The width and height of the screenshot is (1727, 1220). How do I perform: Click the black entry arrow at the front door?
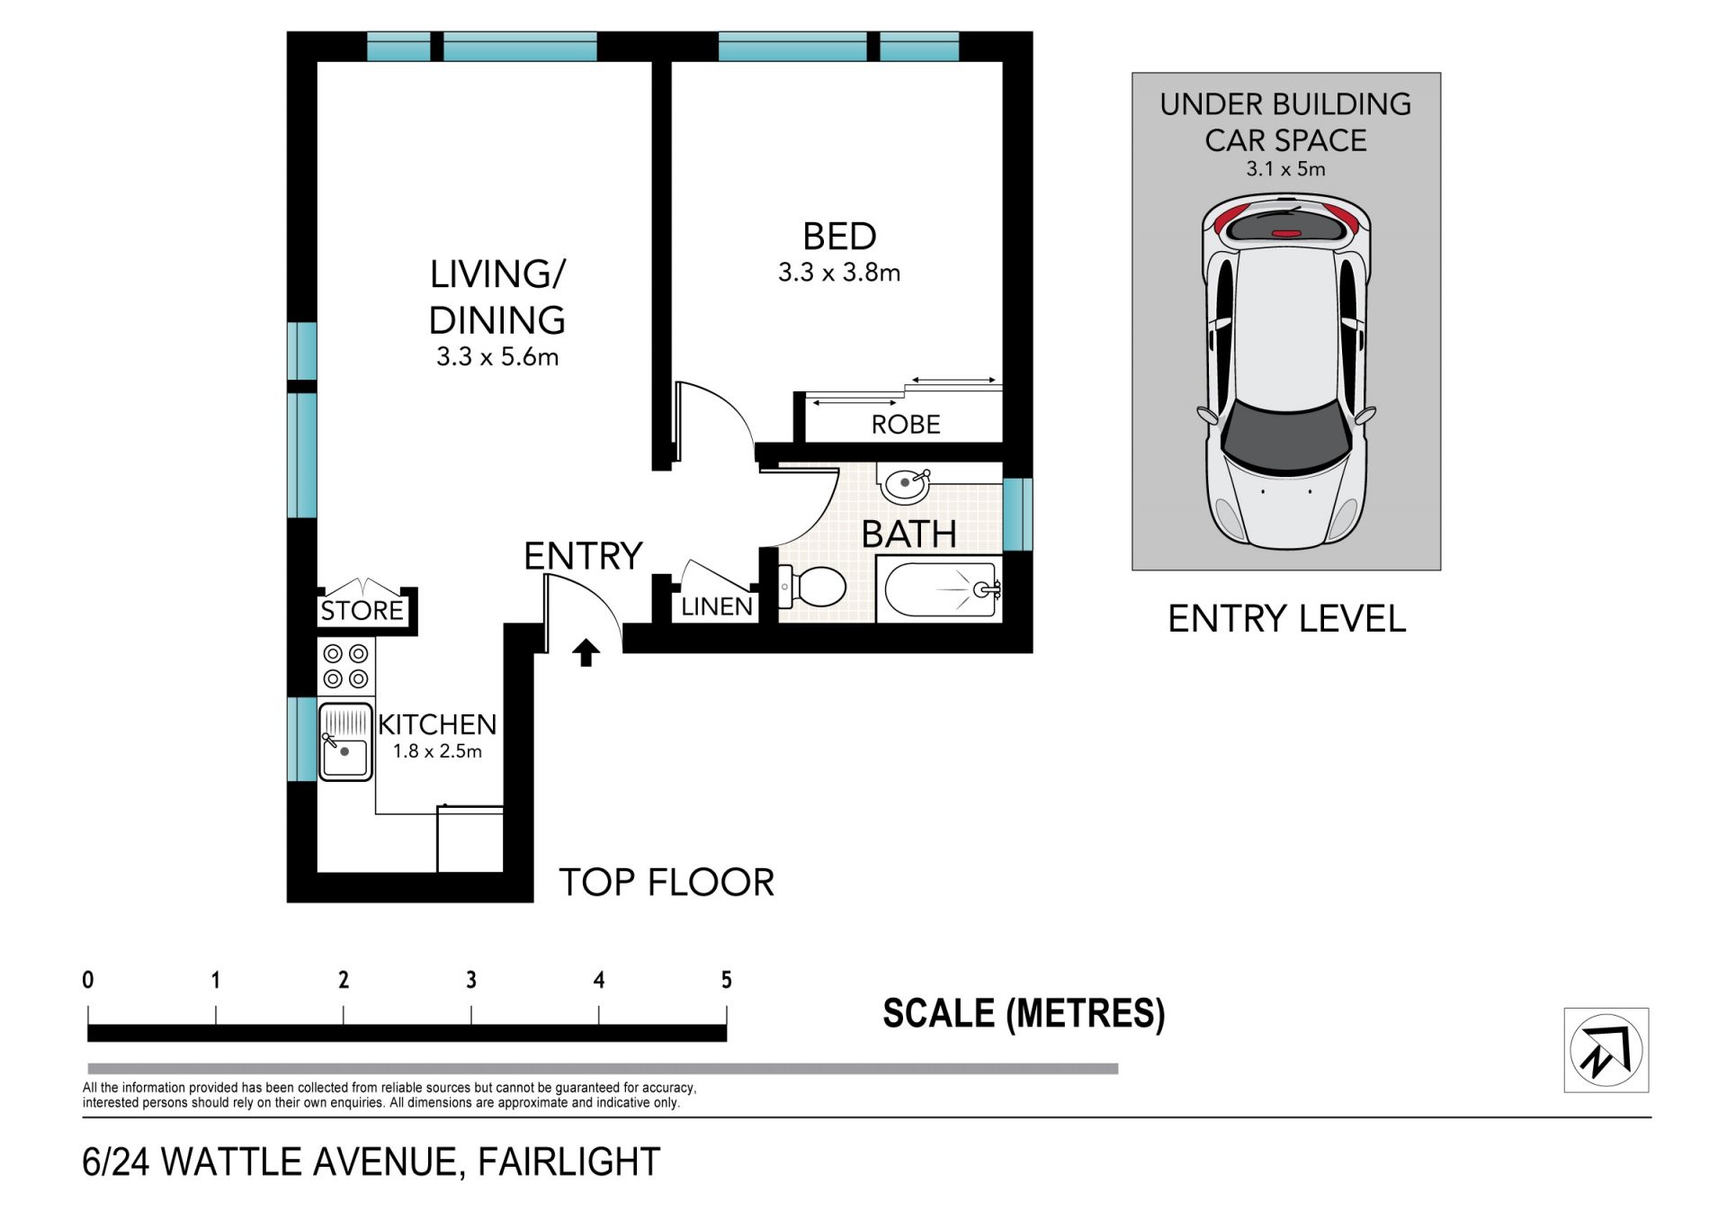(586, 652)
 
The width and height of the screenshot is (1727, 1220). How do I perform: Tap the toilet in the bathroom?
(812, 587)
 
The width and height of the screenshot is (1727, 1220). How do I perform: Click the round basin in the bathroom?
(905, 484)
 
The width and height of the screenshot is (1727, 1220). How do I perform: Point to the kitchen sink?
(345, 742)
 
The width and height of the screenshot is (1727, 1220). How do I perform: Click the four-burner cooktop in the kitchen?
(346, 666)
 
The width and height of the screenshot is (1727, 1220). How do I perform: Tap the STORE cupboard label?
(362, 611)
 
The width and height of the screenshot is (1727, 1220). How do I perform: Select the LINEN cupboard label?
(717, 606)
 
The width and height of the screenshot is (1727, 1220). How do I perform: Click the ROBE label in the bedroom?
(906, 425)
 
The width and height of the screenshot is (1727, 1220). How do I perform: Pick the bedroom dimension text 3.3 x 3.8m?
(839, 273)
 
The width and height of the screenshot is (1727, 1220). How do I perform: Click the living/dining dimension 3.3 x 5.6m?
(497, 357)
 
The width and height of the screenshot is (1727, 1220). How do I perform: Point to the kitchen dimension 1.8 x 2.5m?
(437, 751)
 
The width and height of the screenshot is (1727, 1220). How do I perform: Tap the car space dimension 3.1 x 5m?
(1285, 169)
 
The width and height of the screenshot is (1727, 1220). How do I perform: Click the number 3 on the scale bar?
(471, 981)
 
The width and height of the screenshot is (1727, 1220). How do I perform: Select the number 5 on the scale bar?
(727, 981)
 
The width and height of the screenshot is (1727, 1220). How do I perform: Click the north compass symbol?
(1606, 1050)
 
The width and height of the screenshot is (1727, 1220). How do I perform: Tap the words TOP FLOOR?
(667, 883)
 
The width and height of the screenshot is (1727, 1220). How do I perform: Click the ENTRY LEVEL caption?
(1286, 619)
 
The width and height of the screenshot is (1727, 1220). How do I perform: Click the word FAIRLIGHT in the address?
(569, 1162)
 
